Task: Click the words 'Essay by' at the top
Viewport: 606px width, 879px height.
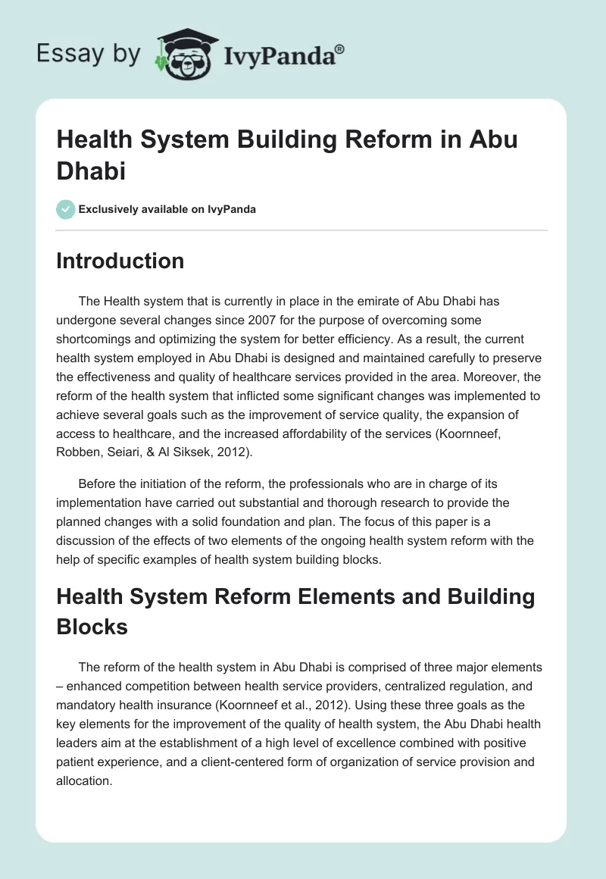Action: [x=88, y=54]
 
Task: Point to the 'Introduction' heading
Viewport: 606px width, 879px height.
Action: [x=120, y=261]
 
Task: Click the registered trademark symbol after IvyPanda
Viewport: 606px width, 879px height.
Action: [x=340, y=48]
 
